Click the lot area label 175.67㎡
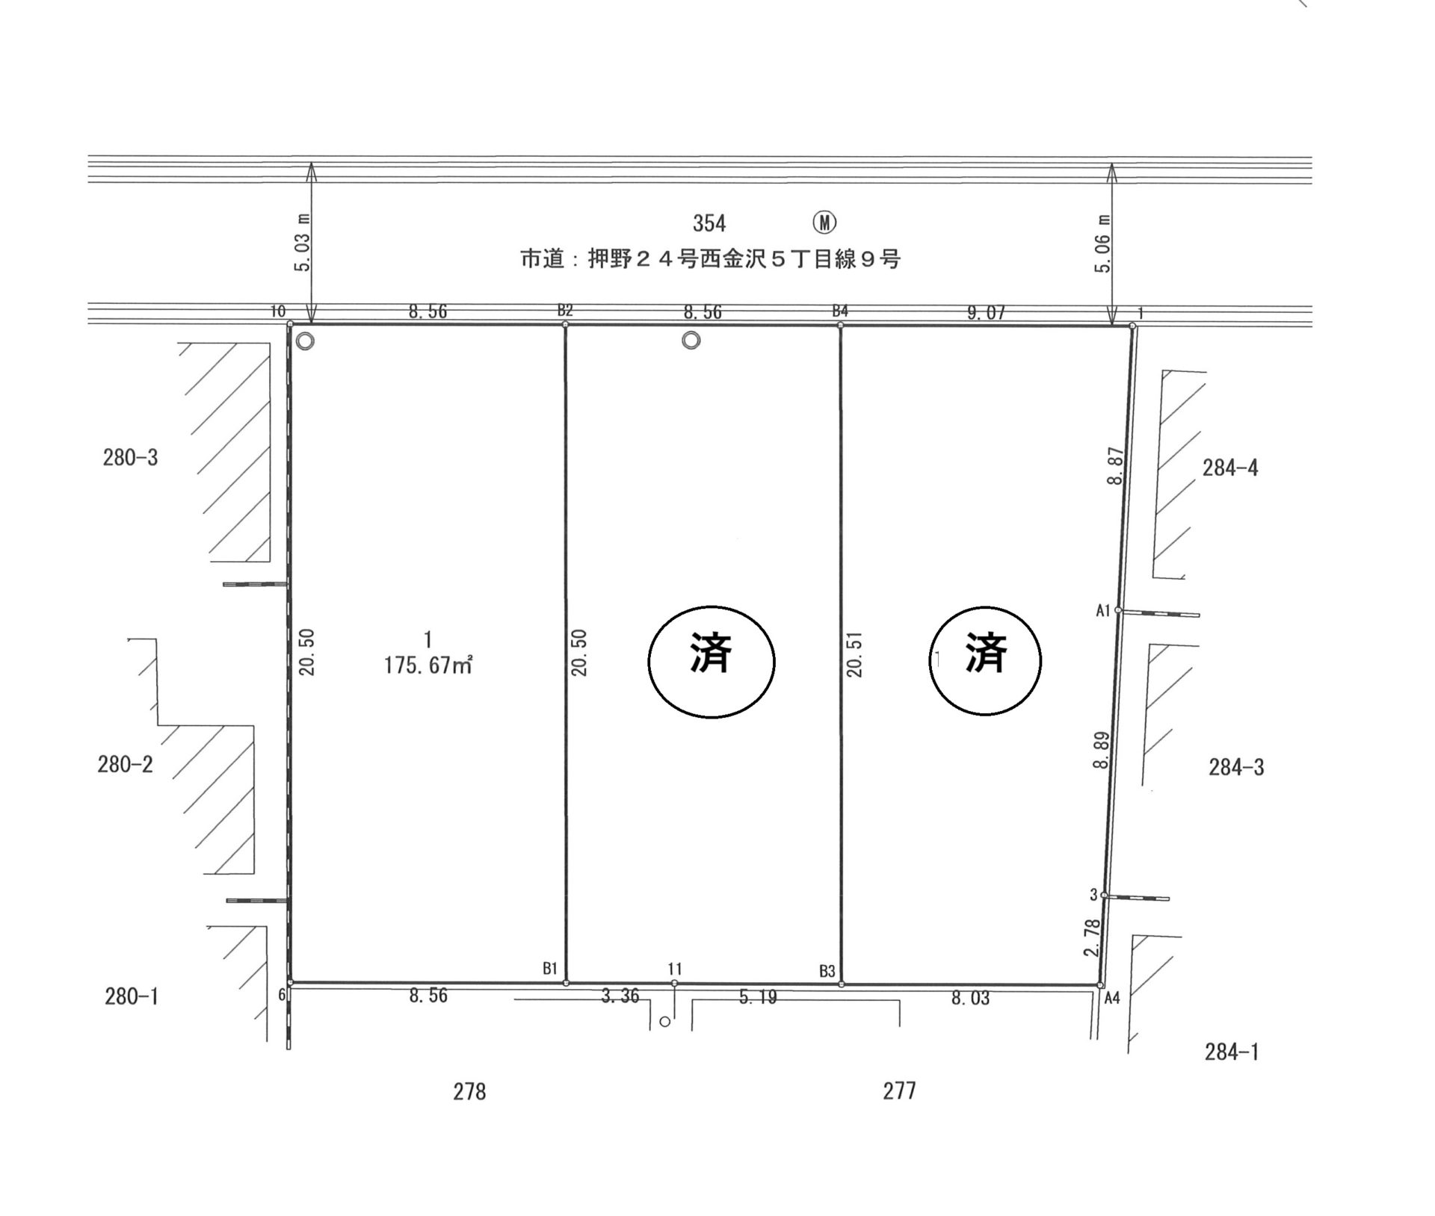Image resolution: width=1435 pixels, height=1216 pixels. [x=428, y=665]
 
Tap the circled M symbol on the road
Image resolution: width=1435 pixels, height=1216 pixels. [x=824, y=222]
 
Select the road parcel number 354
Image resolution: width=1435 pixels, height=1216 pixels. [x=709, y=223]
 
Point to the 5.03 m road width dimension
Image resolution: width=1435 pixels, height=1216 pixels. [x=303, y=243]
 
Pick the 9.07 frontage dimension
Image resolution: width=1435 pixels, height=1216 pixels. [x=986, y=313]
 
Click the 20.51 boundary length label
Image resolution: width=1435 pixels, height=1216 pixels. [x=855, y=654]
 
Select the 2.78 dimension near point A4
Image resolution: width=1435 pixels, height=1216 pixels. [x=1092, y=937]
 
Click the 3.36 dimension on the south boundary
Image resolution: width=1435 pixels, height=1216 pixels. [x=620, y=996]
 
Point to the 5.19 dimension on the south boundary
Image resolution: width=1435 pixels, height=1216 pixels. [x=758, y=996]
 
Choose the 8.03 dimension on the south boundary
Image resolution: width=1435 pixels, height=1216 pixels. [x=970, y=997]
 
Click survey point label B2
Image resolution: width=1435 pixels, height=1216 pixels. [x=565, y=310]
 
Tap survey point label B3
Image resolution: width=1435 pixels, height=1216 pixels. [x=827, y=971]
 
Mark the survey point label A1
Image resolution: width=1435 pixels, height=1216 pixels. [x=1103, y=610]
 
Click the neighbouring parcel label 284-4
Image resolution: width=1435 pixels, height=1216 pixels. [x=1230, y=468]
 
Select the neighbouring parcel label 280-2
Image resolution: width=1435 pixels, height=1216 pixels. [x=125, y=764]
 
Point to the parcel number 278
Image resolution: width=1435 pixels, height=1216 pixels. [x=469, y=1092]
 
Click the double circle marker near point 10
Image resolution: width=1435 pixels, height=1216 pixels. [x=305, y=341]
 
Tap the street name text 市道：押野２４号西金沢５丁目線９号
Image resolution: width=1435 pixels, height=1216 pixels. [x=710, y=259]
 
